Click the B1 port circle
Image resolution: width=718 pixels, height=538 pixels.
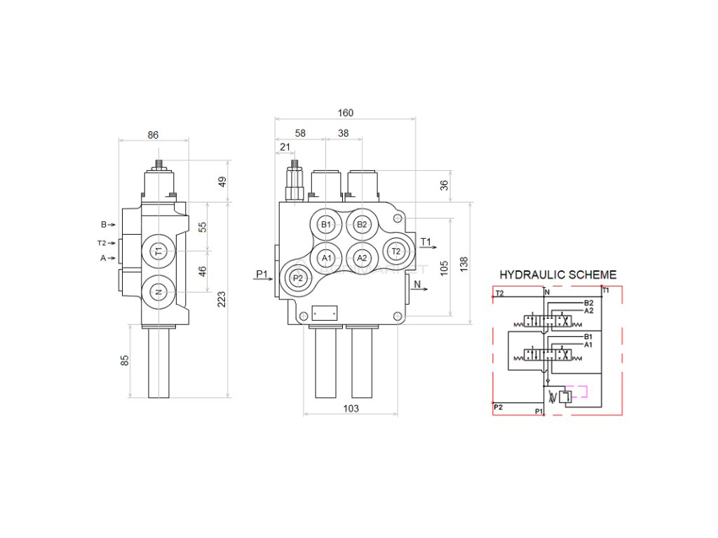(x=325, y=225)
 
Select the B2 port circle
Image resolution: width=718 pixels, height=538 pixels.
(x=362, y=225)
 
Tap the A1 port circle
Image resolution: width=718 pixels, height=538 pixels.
(x=325, y=258)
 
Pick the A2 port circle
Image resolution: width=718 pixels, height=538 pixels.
(x=362, y=258)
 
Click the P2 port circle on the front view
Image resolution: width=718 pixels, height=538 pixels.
(x=298, y=277)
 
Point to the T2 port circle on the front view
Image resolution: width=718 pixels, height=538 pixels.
(x=395, y=251)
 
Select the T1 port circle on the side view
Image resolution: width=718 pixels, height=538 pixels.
(x=158, y=251)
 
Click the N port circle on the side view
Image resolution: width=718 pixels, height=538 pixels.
(x=158, y=292)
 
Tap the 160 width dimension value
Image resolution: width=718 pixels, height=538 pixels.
(x=346, y=113)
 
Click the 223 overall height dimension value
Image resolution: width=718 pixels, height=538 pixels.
(x=222, y=300)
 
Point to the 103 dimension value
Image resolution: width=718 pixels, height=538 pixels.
(x=351, y=408)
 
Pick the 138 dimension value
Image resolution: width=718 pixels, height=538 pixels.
(x=463, y=263)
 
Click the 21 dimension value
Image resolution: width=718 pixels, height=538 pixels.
(x=285, y=146)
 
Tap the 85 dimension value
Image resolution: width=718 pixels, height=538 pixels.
(x=125, y=361)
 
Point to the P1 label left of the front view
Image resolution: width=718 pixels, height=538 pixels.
(x=262, y=273)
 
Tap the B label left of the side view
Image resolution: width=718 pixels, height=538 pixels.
(x=103, y=225)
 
